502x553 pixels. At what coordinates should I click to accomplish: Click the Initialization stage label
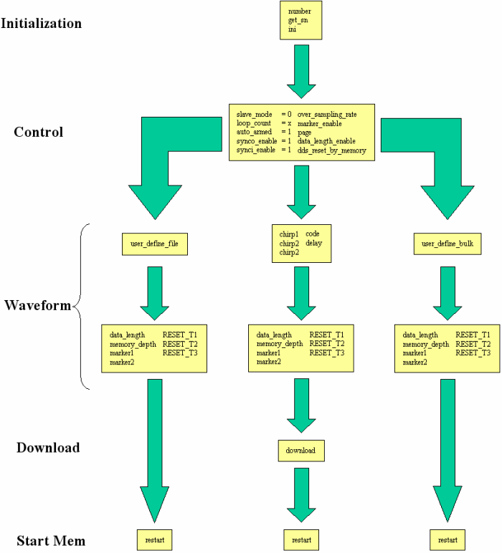[x=42, y=23]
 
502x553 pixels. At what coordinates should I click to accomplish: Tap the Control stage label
[x=39, y=132]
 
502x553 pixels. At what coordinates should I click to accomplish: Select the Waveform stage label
[x=38, y=305]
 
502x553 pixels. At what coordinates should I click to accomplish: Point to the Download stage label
[x=48, y=448]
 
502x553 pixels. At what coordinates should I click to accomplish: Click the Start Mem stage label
[x=51, y=541]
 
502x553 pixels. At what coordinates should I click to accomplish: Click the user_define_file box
[x=155, y=244]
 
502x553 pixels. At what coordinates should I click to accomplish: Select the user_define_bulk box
[x=447, y=244]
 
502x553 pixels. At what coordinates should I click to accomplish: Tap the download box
[x=301, y=451]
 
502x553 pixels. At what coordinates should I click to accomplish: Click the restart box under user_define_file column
[x=155, y=540]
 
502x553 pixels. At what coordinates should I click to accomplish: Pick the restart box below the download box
[x=301, y=540]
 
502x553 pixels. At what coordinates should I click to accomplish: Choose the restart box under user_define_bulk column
[x=447, y=540]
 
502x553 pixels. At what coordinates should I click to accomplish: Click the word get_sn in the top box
[x=298, y=21]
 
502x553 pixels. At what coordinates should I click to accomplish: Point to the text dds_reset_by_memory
[x=331, y=150]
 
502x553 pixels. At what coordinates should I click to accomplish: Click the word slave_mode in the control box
[x=254, y=115]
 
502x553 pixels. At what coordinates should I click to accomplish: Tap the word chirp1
[x=289, y=234]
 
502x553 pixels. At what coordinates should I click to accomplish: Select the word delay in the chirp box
[x=314, y=243]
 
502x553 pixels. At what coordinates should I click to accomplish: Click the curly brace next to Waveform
[x=80, y=306]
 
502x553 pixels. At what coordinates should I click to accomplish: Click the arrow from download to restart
[x=301, y=495]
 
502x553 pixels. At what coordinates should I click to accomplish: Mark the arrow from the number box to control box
[x=301, y=72]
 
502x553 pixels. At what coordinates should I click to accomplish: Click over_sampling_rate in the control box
[x=327, y=115]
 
